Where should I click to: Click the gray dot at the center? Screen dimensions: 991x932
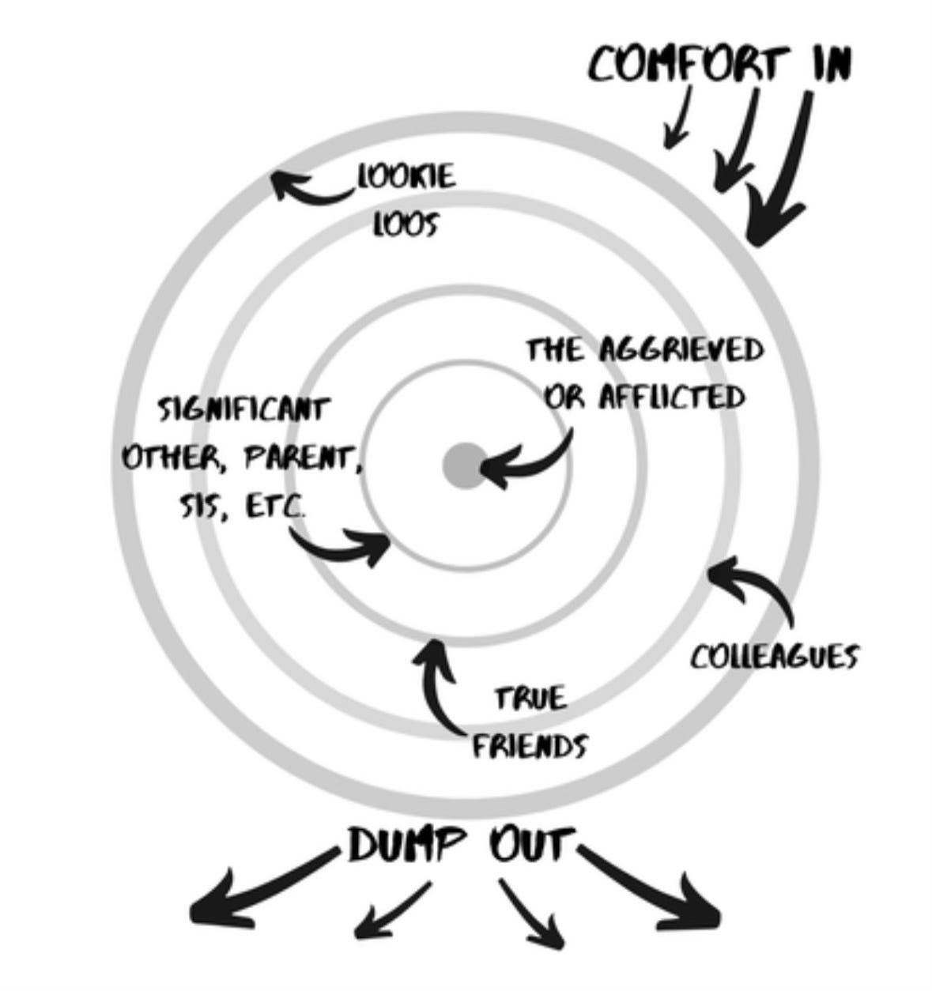464,465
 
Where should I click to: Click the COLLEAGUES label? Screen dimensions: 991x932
774,656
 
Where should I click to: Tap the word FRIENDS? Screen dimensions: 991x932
530,745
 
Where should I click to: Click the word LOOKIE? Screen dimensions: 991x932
406,175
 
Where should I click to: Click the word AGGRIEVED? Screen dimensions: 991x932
681,349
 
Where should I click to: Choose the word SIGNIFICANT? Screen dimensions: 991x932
243,409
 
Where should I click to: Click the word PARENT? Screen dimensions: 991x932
303,458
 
